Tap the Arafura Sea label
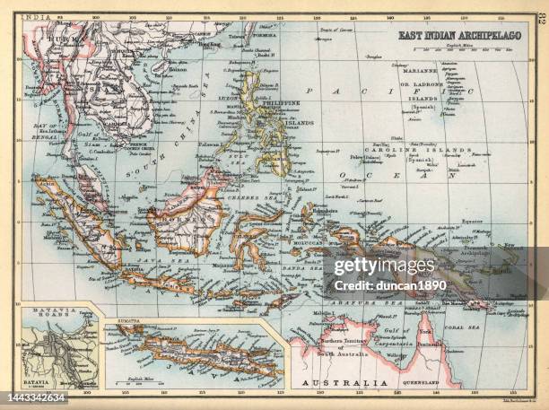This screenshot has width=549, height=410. [x=353, y=305]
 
